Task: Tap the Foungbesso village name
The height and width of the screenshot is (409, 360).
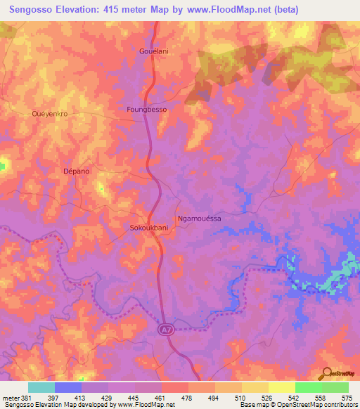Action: [x=146, y=110]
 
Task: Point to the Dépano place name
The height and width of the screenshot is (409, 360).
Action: [x=76, y=171]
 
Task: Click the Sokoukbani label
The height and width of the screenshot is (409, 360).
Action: [x=149, y=228]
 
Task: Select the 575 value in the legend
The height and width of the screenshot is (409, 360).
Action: [x=347, y=398]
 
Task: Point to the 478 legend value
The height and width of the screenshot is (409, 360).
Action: [x=186, y=398]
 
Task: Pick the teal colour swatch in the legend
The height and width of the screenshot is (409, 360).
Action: [x=41, y=387]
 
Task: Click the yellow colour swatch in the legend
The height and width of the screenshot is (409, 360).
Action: [x=282, y=387]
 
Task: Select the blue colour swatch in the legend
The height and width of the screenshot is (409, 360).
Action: [x=68, y=387]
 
